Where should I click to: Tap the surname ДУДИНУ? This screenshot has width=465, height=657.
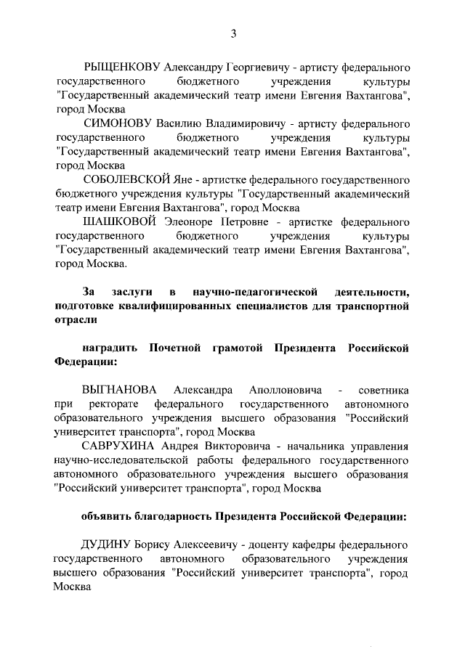point(110,544)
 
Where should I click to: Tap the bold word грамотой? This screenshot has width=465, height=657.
point(237,347)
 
